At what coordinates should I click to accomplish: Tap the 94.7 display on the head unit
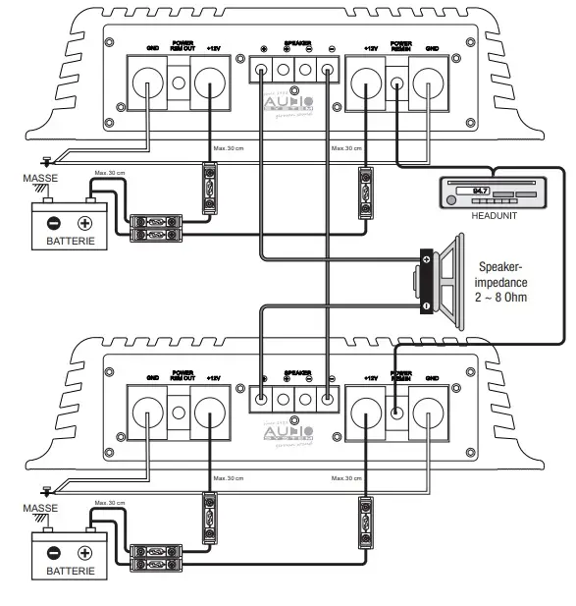point(480,190)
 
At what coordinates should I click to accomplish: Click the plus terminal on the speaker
point(427,260)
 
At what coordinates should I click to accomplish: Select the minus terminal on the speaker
point(427,306)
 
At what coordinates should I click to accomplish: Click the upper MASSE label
point(40,180)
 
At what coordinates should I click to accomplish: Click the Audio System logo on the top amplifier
point(289,105)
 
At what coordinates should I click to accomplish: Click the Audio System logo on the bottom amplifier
point(289,433)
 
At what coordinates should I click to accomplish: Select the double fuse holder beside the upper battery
point(154,228)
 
